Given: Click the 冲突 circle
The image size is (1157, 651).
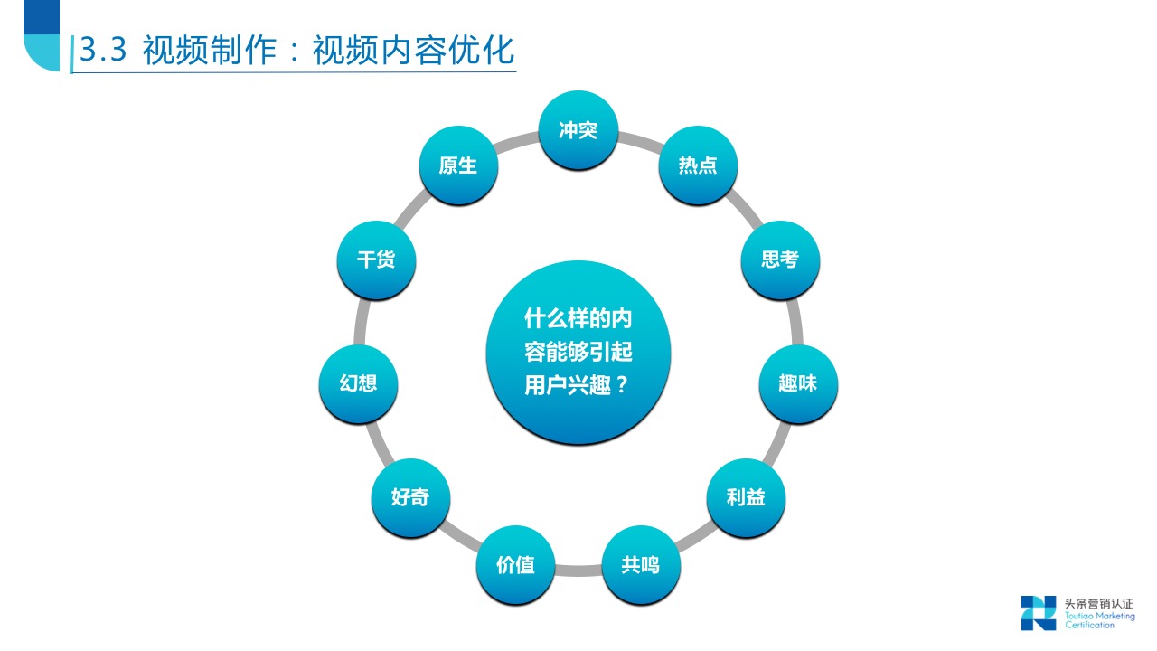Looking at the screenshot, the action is pos(578,130).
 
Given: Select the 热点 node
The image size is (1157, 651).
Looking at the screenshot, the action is pos(698,165).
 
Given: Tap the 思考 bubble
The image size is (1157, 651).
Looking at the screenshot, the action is pos(780,260).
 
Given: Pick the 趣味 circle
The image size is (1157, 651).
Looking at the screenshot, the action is pos(797,383).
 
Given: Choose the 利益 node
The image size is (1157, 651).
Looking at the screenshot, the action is pos(746,497).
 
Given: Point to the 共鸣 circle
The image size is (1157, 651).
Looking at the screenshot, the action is pos(640,566).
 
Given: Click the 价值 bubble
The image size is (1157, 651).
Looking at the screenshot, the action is pos(515,566).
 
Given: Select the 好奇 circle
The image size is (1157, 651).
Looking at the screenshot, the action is pos(410,497).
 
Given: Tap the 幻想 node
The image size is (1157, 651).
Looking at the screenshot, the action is pos(359,383).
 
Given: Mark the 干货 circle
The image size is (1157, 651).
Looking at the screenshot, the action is pos(376,260).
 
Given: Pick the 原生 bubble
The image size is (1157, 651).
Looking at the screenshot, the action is pos(458,165).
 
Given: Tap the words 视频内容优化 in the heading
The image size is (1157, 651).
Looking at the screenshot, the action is pos(413,51).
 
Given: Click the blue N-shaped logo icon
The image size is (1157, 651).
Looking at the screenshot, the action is pos(1039,612).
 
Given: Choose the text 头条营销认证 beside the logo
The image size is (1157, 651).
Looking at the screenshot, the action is pos(1098,604).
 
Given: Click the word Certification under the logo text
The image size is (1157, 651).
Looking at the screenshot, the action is pos(1089,625).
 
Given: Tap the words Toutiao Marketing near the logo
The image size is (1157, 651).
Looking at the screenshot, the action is pos(1099,616).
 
